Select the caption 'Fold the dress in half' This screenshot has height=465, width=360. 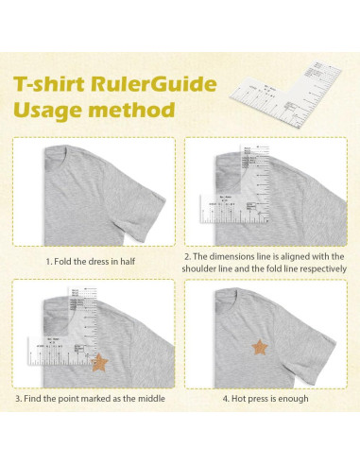[x=94, y=260]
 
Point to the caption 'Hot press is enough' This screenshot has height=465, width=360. [x=269, y=398]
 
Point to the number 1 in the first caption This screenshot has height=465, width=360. [x=47, y=260]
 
